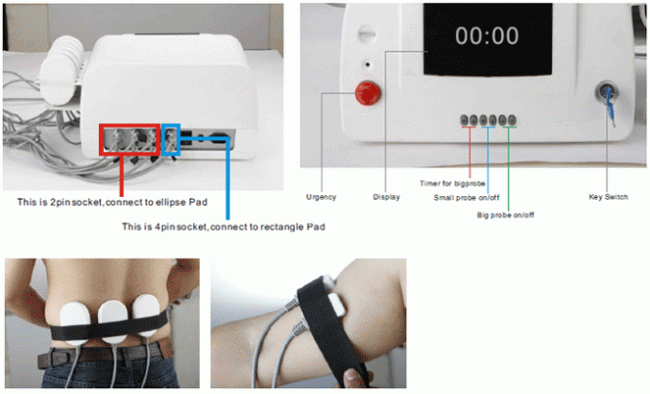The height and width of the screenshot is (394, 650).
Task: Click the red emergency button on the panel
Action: (365, 93)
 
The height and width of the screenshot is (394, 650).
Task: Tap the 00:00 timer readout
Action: (487, 37)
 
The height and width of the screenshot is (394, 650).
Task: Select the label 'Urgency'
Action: (321, 197)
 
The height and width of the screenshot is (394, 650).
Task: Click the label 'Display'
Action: (386, 197)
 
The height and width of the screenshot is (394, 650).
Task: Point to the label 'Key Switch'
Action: (608, 197)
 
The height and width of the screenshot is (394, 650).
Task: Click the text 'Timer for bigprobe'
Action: (453, 183)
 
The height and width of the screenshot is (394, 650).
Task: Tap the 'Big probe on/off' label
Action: (505, 215)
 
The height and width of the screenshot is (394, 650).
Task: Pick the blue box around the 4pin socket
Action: (171, 138)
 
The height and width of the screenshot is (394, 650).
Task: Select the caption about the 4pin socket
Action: (224, 227)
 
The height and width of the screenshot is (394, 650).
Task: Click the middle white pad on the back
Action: (113, 319)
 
